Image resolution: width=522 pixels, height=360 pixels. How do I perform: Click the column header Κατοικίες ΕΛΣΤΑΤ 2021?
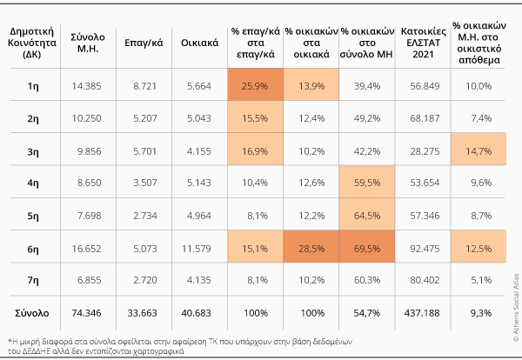pyautogui.click(x=421, y=40)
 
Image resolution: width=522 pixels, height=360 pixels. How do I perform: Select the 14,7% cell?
pyautogui.click(x=478, y=150)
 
